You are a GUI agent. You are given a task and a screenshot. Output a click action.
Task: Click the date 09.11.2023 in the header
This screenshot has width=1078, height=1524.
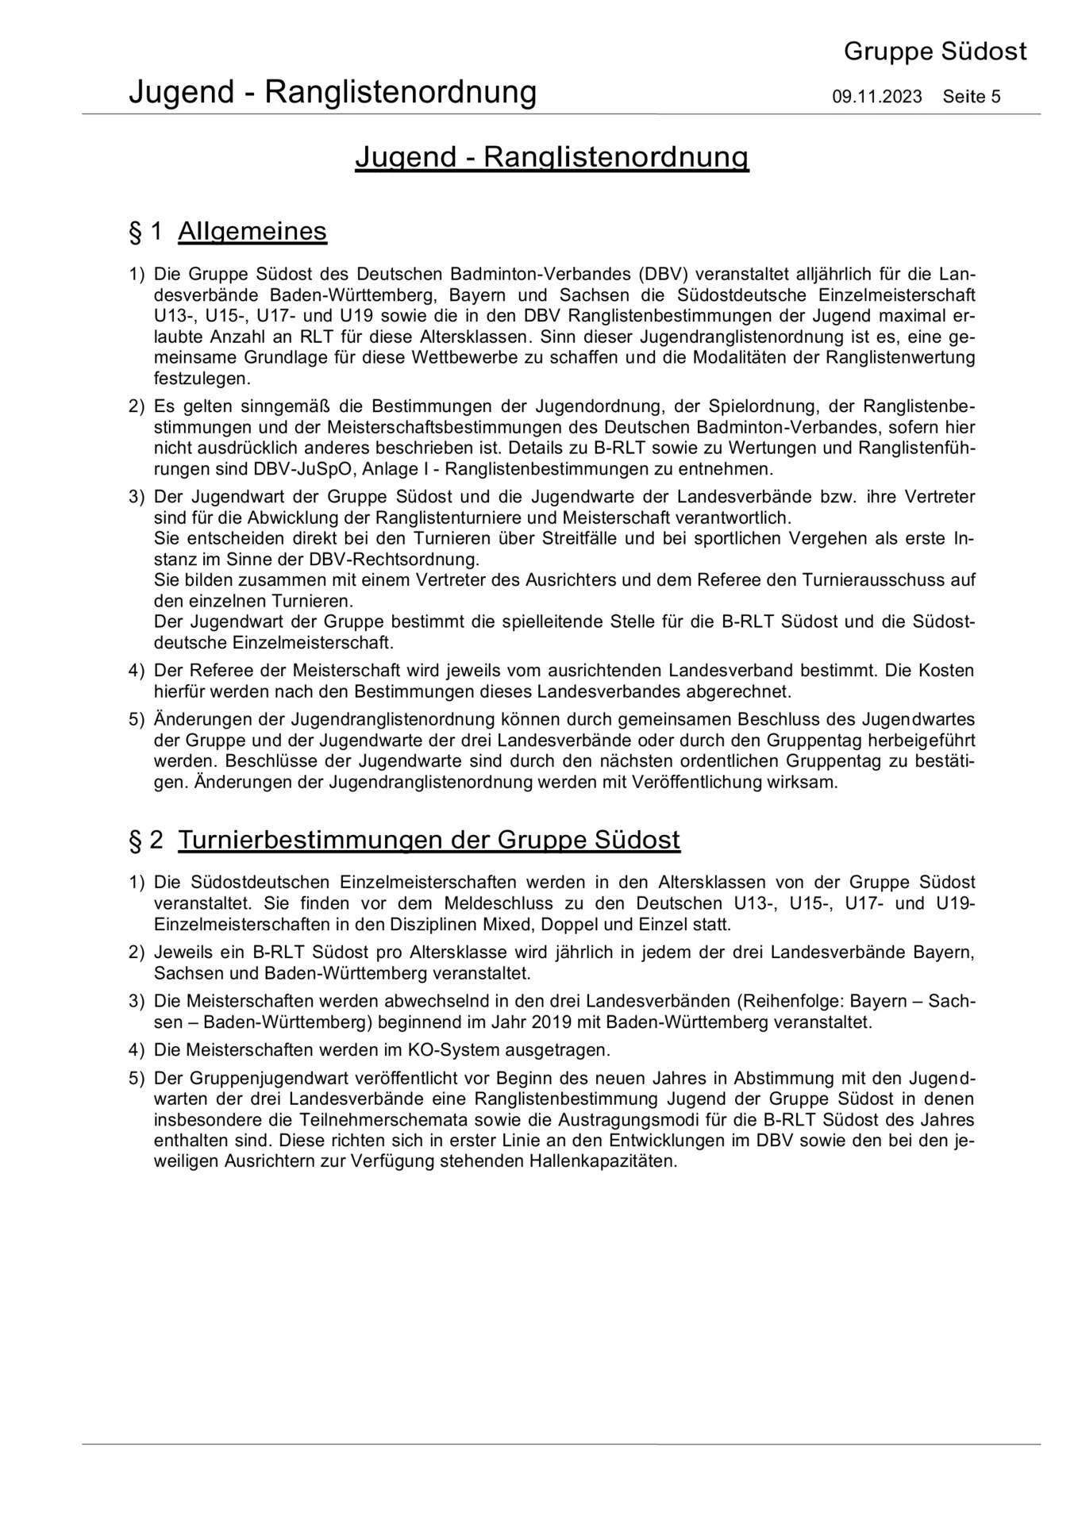point(876,98)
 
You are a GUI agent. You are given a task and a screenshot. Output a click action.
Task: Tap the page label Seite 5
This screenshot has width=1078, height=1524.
point(972,98)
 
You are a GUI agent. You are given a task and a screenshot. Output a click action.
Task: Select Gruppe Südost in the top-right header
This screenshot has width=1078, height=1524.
point(934,52)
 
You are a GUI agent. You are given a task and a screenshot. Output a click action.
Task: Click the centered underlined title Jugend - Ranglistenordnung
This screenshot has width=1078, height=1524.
point(552,157)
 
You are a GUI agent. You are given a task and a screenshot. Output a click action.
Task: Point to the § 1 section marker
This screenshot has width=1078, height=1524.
point(145,232)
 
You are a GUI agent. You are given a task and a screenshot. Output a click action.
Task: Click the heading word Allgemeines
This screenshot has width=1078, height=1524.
point(252,232)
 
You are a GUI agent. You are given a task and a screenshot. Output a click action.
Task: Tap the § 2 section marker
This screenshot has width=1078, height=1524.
point(145,839)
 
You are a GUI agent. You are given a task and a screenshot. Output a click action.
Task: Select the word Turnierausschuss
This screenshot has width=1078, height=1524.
point(867,579)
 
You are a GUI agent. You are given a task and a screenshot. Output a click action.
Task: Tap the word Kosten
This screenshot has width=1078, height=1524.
point(946,670)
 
